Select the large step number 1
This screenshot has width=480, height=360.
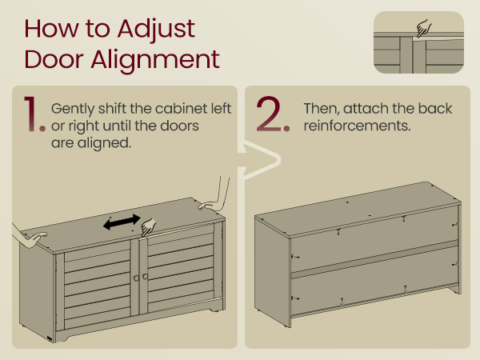click(x=34, y=114)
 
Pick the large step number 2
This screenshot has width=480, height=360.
click(x=273, y=114)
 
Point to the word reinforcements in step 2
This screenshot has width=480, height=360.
click(x=357, y=126)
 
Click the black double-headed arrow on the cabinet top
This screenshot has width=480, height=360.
click(x=122, y=222)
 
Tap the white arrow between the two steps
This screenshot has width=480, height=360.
click(x=259, y=160)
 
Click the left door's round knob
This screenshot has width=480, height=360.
click(x=136, y=278)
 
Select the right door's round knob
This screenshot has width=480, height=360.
click(x=145, y=277)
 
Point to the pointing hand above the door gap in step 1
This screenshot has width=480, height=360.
click(x=148, y=227)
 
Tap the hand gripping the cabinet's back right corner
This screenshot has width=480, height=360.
click(x=215, y=196)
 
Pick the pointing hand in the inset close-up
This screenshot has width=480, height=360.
click(x=424, y=28)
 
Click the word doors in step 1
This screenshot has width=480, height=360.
click(x=180, y=126)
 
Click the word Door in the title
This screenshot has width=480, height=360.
click(x=54, y=59)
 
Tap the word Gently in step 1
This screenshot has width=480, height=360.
click(x=73, y=110)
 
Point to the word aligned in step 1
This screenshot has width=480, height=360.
click(x=104, y=143)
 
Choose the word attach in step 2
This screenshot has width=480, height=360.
click(x=363, y=108)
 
